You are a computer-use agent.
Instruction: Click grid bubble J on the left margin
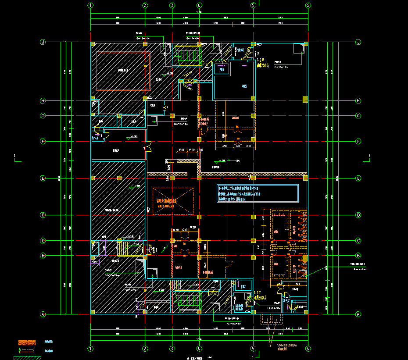[x=43, y=42]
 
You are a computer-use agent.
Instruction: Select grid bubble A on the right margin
[x=358, y=314]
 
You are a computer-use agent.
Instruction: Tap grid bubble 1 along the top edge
[x=90, y=6]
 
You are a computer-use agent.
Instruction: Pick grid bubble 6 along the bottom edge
[x=308, y=349]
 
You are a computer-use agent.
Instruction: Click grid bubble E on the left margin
[x=43, y=178]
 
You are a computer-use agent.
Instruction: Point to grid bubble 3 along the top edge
[x=172, y=6]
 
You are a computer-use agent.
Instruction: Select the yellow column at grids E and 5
[x=253, y=178]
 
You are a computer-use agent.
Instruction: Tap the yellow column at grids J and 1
[x=93, y=44]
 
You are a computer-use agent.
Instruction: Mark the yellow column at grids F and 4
[x=199, y=139]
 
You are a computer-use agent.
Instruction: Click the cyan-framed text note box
[x=258, y=193]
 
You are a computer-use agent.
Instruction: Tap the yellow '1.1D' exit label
[x=258, y=292]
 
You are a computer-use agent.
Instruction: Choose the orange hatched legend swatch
[x=26, y=342]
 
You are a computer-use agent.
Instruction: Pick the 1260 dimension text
[x=186, y=229]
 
